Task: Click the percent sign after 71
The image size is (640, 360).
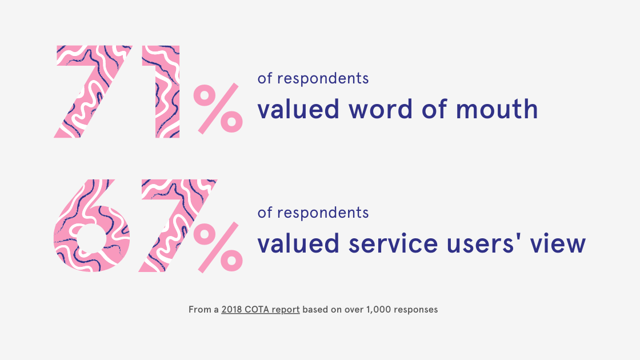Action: [218, 109]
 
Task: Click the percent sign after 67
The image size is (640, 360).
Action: [218, 247]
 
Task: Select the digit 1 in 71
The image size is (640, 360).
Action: [161, 91]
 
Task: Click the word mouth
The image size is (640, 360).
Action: [497, 109]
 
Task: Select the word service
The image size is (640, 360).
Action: [393, 243]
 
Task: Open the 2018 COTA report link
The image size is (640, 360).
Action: [261, 310]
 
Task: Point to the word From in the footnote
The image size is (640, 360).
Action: [199, 310]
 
